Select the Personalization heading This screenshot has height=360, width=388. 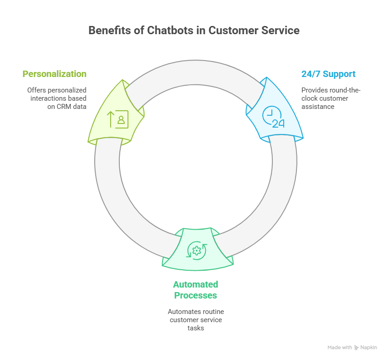click(55, 74)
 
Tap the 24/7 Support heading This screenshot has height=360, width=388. click(328, 74)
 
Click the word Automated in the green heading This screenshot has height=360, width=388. click(195, 284)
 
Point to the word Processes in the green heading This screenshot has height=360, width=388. click(195, 295)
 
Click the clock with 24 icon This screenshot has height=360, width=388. click(273, 117)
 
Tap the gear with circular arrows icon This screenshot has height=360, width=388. click(197, 251)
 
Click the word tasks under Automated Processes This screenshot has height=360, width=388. click(196, 328)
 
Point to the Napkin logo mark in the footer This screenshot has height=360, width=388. click(356, 348)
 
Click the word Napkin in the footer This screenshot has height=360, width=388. click(369, 348)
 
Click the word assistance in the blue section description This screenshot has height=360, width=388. click(318, 107)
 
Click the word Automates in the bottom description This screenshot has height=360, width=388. click(182, 312)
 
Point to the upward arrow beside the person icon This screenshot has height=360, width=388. click(111, 119)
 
